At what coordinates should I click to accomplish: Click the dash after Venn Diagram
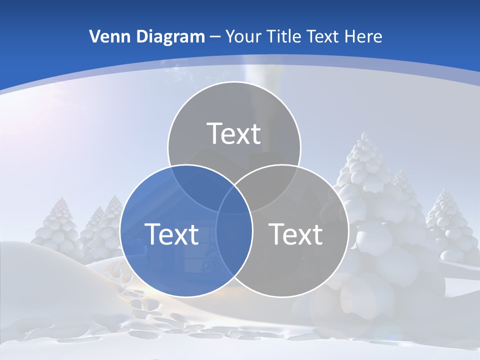point(215,37)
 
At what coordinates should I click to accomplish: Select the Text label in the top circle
point(234,133)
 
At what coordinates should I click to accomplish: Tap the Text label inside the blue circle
point(171,234)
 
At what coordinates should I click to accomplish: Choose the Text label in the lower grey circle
point(296,234)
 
